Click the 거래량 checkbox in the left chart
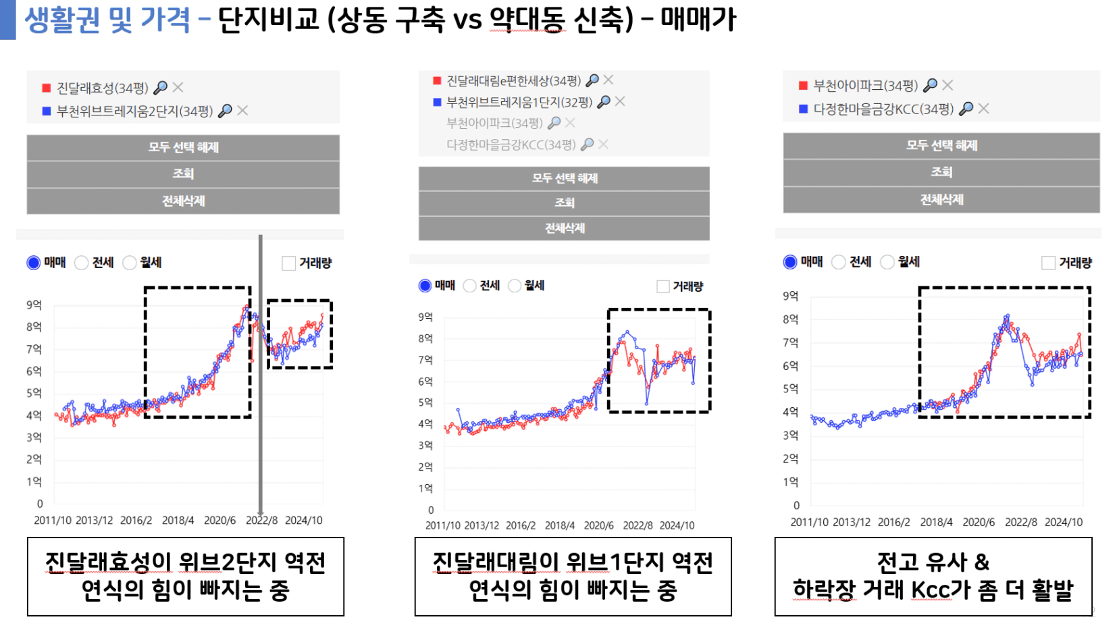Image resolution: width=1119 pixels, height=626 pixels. (289, 263)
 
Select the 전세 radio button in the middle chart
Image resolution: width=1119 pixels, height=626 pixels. (470, 286)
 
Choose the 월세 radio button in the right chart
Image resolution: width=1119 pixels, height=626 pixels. (887, 262)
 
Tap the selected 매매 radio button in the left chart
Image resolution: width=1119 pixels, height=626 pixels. (33, 263)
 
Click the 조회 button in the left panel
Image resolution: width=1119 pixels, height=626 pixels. (183, 174)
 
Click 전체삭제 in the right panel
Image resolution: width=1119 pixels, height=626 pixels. (941, 200)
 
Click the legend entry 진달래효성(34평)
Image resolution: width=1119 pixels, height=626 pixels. (102, 88)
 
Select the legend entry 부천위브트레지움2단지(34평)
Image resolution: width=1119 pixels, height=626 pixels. (134, 111)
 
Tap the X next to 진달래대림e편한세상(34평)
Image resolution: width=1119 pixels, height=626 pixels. (608, 80)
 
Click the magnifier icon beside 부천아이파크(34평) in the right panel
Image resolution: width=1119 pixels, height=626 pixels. (930, 85)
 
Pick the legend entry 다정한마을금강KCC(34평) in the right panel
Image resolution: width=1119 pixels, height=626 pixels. (883, 109)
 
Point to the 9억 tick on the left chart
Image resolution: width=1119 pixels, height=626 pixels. (34, 305)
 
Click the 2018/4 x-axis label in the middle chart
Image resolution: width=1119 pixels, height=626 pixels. (559, 525)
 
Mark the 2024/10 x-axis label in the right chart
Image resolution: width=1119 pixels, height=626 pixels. (1063, 522)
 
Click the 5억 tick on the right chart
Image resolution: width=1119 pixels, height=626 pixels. (790, 389)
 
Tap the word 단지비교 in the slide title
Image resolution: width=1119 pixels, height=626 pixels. (268, 20)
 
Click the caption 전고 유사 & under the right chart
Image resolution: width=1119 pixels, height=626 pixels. (933, 562)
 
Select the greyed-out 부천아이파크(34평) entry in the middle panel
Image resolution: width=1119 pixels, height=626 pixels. (494, 123)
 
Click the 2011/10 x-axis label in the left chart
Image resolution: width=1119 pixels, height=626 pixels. (53, 521)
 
